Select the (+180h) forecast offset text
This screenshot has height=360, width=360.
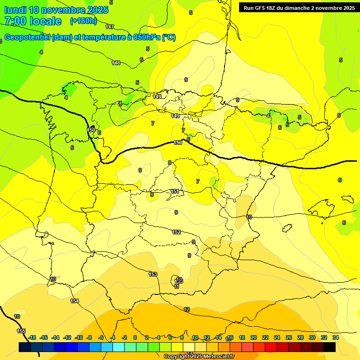tap(83, 21)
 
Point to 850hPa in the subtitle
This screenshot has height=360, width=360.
tap(147, 37)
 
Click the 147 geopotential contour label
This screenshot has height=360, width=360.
tap(110, 27)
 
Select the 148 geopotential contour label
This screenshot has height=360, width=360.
tap(116, 63)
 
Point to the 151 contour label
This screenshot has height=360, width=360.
tap(174, 191)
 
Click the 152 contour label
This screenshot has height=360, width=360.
tap(176, 232)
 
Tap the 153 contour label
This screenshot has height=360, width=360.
tap(153, 274)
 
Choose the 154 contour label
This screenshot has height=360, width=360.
tap(75, 301)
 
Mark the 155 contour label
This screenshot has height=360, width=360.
tap(21, 331)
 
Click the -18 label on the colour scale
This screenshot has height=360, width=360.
tap(32, 337)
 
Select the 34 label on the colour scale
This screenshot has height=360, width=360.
tap(336, 337)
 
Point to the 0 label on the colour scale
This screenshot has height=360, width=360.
tap(135, 337)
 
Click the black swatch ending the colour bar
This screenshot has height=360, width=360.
tap(329, 347)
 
